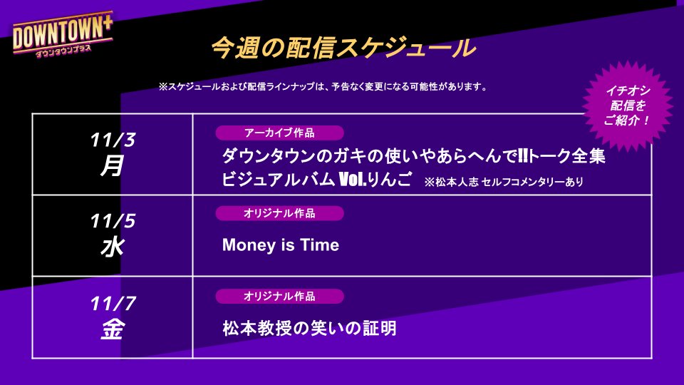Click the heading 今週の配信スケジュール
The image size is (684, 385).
(343, 48)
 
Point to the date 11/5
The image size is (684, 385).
(113, 221)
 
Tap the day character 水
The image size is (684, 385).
(112, 248)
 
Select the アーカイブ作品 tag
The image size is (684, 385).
(279, 133)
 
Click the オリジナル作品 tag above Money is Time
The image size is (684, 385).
(279, 212)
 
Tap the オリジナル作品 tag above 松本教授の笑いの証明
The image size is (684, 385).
(279, 296)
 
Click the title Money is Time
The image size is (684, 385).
(281, 246)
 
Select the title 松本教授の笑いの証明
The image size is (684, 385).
(309, 329)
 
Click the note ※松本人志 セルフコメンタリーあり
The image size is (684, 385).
(503, 182)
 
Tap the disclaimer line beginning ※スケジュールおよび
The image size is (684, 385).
(323, 87)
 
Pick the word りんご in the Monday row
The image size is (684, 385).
(394, 180)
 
